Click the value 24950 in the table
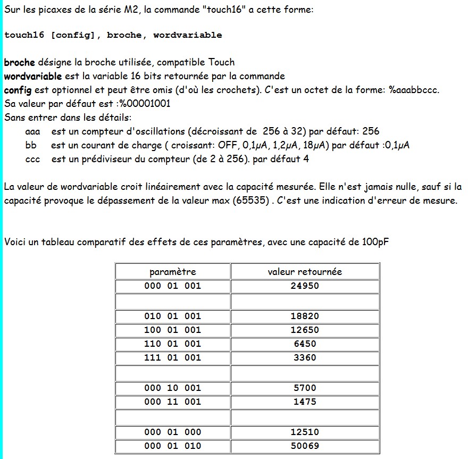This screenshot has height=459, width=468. (305, 286)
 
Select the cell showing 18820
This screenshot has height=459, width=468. (305, 316)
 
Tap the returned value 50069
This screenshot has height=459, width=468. (305, 446)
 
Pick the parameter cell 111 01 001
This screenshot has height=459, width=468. (172, 357)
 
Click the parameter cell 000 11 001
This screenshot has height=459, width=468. (172, 402)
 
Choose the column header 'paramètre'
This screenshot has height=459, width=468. (172, 272)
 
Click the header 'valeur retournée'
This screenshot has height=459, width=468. (305, 272)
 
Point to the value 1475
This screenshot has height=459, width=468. (305, 402)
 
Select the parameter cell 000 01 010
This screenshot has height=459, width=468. (172, 446)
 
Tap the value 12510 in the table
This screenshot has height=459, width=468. (305, 432)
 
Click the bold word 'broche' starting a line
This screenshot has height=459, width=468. (20, 62)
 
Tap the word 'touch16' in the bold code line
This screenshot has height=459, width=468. (24, 35)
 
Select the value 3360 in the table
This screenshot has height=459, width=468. (305, 357)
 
